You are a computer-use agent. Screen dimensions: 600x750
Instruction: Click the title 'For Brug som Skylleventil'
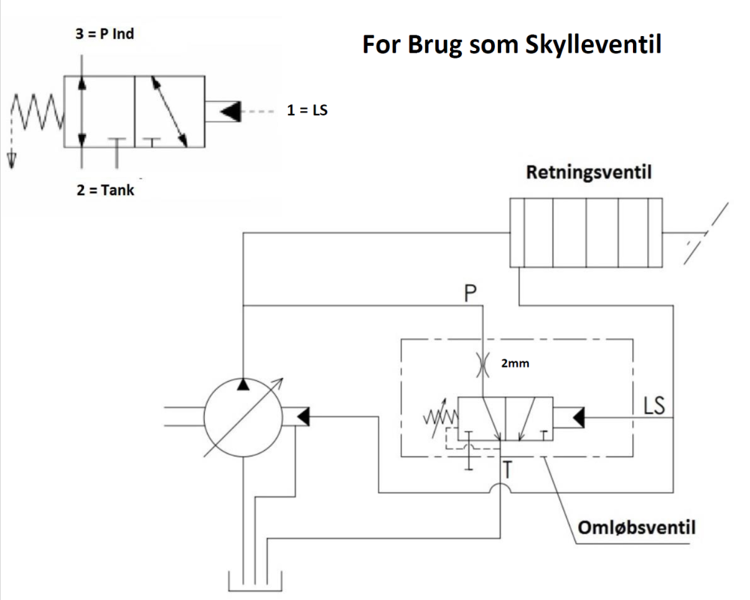(x=511, y=44)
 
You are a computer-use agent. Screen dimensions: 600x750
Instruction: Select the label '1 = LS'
(x=307, y=110)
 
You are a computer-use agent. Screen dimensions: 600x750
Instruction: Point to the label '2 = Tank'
(x=105, y=190)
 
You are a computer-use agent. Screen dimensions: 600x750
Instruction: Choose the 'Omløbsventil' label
(x=636, y=526)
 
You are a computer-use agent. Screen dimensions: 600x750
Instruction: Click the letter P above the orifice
(x=470, y=293)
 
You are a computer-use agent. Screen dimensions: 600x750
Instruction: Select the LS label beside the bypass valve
(x=655, y=406)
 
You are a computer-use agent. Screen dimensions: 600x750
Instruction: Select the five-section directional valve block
(x=585, y=232)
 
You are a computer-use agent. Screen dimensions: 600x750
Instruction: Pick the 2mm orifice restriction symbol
(x=484, y=366)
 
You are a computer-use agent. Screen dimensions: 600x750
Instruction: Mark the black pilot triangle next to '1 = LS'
(x=229, y=111)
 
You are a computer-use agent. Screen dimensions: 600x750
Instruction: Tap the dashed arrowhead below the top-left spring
(x=12, y=159)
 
